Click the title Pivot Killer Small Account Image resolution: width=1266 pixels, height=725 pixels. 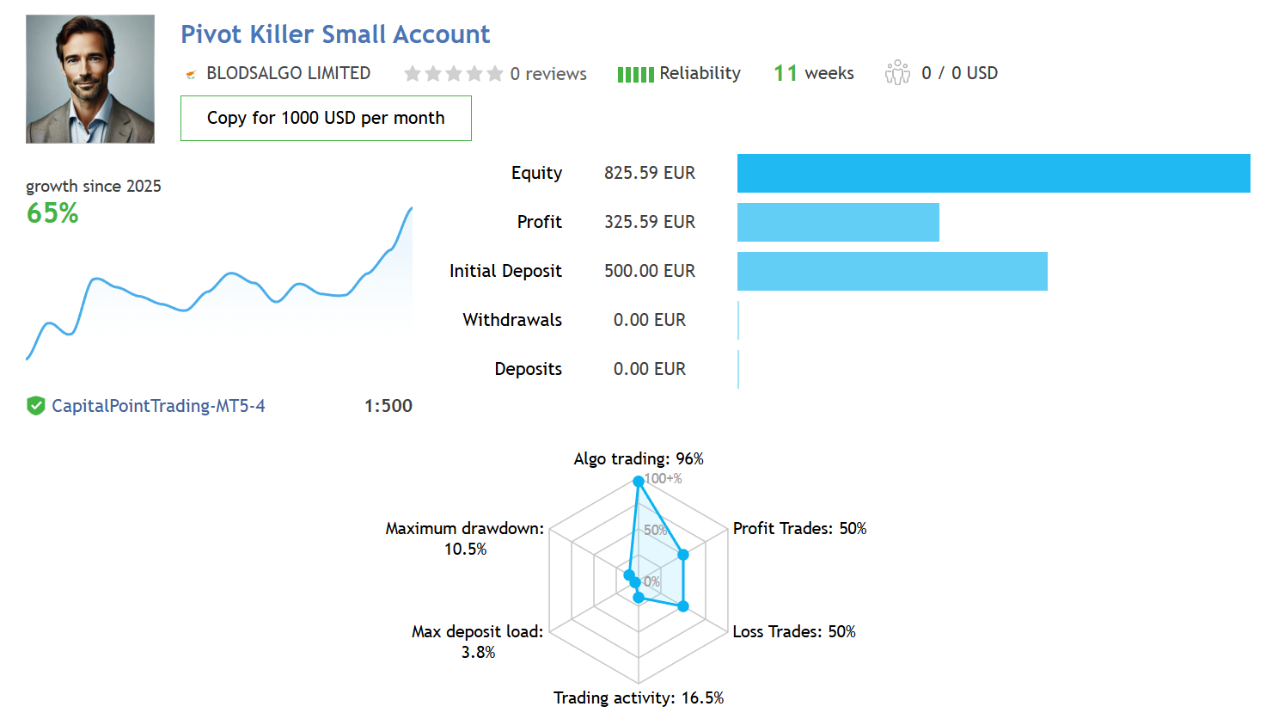click(335, 34)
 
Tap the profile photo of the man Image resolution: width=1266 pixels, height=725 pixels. click(90, 78)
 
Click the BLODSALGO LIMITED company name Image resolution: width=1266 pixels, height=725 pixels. click(288, 73)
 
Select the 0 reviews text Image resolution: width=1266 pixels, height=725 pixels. click(547, 74)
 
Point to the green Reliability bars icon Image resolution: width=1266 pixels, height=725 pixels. click(635, 75)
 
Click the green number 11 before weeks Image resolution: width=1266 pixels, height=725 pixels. click(786, 73)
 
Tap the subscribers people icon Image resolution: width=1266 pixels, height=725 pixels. click(897, 73)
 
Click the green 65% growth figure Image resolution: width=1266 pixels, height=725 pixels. click(52, 213)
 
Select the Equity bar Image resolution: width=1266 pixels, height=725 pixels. click(994, 173)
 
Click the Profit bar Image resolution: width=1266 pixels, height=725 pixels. click(838, 222)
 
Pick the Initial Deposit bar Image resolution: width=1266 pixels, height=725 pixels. click(892, 271)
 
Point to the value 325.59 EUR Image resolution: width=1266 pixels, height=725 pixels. click(650, 222)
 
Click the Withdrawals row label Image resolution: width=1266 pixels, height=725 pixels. click(512, 320)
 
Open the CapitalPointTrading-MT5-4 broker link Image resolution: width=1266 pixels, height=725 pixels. click(158, 406)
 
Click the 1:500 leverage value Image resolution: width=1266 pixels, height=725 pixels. click(388, 406)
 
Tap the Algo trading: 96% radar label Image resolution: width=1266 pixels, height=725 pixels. click(639, 458)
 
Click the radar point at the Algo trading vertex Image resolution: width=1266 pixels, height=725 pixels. click(639, 482)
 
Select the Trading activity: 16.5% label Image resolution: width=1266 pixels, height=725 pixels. click(639, 697)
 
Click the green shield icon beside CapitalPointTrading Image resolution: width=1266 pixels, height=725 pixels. click(36, 406)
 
